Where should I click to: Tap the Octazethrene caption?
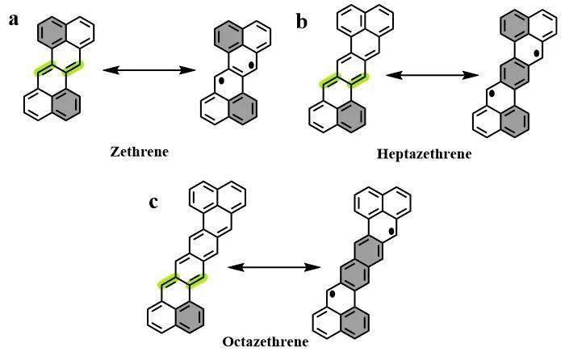pyautogui.click(x=265, y=341)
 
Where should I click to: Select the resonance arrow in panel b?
pyautogui.click(x=429, y=75)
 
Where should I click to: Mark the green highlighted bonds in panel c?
pyautogui.click(x=182, y=280)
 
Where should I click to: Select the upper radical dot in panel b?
pyautogui.click(x=537, y=55)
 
